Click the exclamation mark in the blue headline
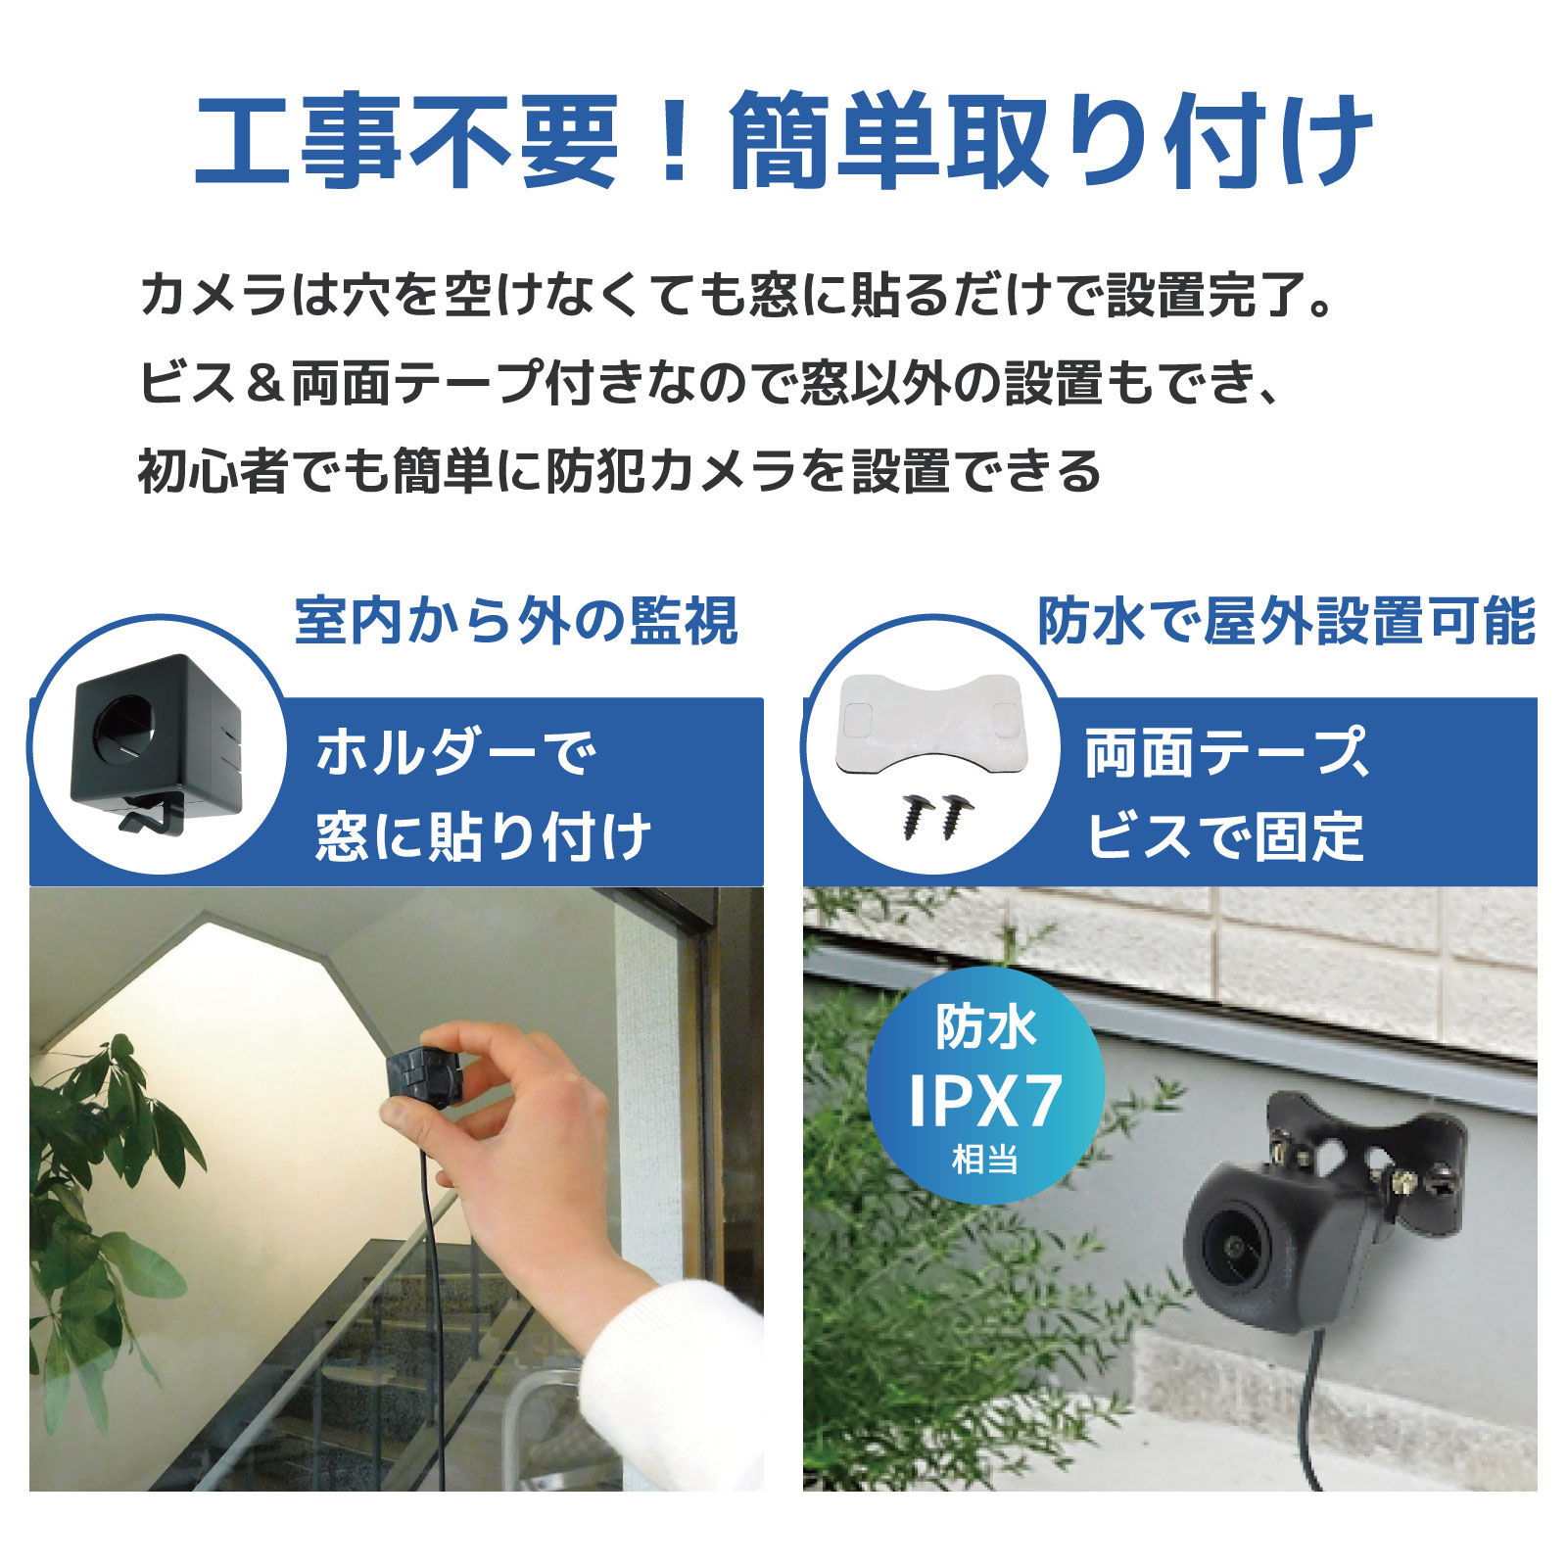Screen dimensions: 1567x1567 pyautogui.click(x=673, y=140)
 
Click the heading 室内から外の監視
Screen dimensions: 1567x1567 pyautogui.click(x=515, y=621)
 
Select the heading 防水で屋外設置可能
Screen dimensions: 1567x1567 pyautogui.click(x=1286, y=621)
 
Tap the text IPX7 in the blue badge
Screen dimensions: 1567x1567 pyautogui.click(x=984, y=1102)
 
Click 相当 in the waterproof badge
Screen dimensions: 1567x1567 pyautogui.click(x=984, y=1161)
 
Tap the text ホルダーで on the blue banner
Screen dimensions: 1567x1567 pyautogui.click(x=456, y=753)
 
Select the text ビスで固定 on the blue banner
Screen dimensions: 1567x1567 pyautogui.click(x=1225, y=837)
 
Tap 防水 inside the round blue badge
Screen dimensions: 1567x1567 pyautogui.click(x=985, y=1027)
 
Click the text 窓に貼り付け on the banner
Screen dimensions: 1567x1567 pyautogui.click(x=483, y=837)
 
